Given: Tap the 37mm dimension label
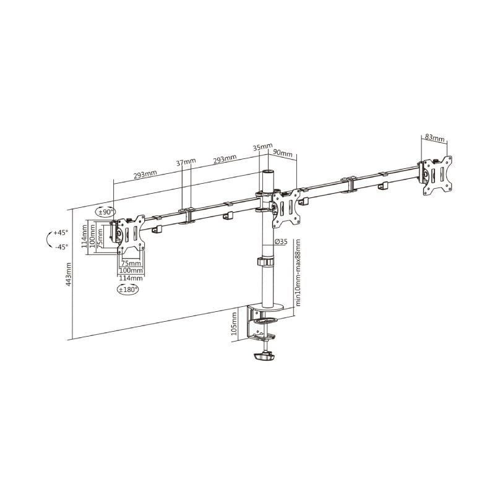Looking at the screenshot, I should tap(186, 163).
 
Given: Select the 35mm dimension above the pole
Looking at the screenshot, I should tap(262, 148).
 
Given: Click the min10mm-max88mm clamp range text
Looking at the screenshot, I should tap(298, 272).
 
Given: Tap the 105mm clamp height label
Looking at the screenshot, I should tap(234, 324).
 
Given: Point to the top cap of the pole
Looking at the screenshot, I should tap(269, 171).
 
